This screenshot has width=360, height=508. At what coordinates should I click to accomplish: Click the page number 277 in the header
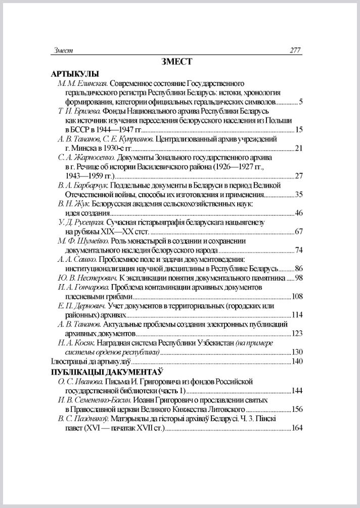point(295,50)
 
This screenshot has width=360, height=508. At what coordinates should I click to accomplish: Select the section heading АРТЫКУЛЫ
point(74,73)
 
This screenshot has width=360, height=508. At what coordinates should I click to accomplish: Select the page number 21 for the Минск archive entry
point(298,148)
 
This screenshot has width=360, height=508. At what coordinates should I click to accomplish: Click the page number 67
point(298,232)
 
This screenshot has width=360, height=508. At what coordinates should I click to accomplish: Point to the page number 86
point(298,268)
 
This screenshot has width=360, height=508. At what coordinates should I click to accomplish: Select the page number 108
point(296,296)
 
